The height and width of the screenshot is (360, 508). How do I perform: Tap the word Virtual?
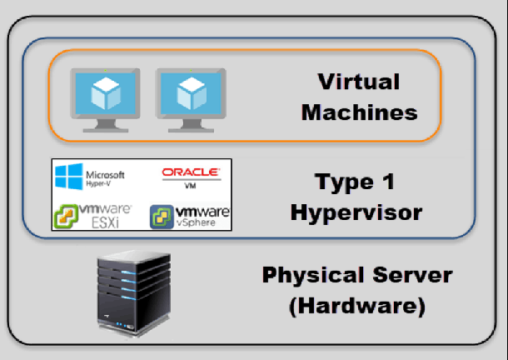[358, 82]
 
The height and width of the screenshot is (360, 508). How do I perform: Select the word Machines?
[359, 112]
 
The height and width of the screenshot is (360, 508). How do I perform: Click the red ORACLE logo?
[191, 173]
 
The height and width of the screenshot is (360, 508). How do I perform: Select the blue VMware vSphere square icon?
[162, 217]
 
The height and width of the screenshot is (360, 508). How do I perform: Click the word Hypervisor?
[356, 212]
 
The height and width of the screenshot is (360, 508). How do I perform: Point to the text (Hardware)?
[357, 306]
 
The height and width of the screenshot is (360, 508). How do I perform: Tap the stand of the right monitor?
[191, 125]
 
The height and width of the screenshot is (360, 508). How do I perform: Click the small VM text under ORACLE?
[190, 187]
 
